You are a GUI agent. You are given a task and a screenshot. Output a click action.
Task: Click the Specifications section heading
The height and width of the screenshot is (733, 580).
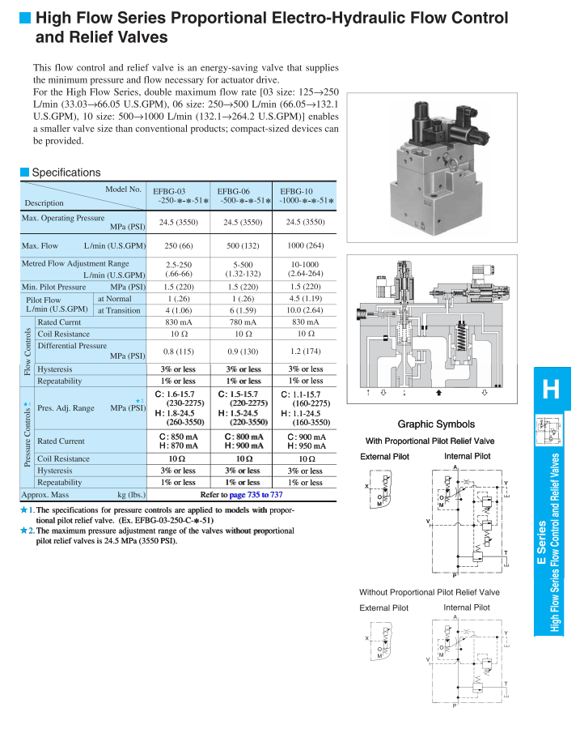point(66,173)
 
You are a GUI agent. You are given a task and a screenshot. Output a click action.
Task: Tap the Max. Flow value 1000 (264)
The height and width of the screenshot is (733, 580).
point(305,245)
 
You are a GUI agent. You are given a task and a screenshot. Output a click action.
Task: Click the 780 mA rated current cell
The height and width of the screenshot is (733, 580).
point(243,322)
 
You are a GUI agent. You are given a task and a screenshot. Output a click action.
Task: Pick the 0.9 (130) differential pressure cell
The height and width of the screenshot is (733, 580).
point(243,352)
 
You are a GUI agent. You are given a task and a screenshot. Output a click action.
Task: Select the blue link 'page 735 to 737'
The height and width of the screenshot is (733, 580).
point(256,494)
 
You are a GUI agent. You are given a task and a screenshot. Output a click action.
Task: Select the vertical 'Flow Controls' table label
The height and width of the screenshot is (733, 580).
point(28,351)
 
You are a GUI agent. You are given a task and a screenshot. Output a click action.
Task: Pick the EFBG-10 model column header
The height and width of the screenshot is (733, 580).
point(305,196)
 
